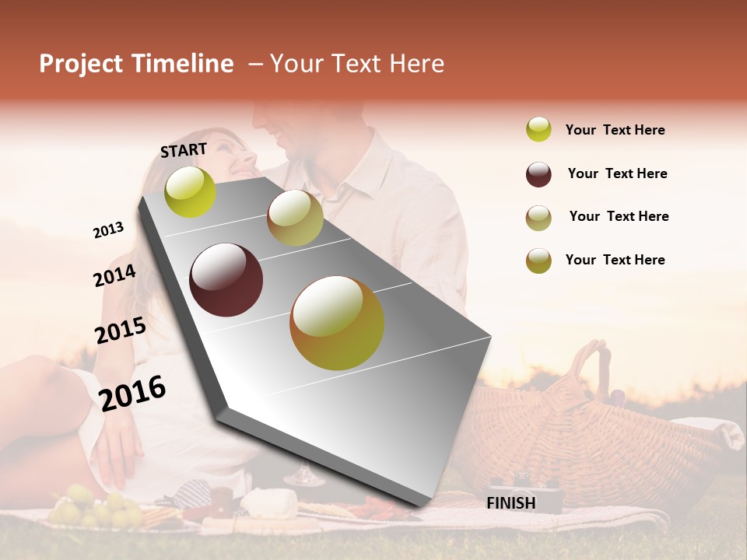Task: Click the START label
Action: point(184,150)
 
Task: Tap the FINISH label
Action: point(510,503)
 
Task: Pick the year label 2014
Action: point(114,276)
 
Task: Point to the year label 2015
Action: point(121,331)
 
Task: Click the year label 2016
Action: point(132,393)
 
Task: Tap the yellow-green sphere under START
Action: point(190,191)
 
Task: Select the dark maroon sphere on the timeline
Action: point(226,279)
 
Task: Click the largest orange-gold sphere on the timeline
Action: point(337,323)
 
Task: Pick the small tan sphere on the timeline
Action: point(295,218)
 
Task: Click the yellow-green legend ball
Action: point(538,129)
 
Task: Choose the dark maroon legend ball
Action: point(538,173)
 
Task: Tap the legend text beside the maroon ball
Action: point(617,173)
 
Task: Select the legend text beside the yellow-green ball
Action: point(615,130)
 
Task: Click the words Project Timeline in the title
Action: point(136,64)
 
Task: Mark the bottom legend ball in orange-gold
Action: point(538,261)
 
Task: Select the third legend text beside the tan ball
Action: point(619,216)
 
